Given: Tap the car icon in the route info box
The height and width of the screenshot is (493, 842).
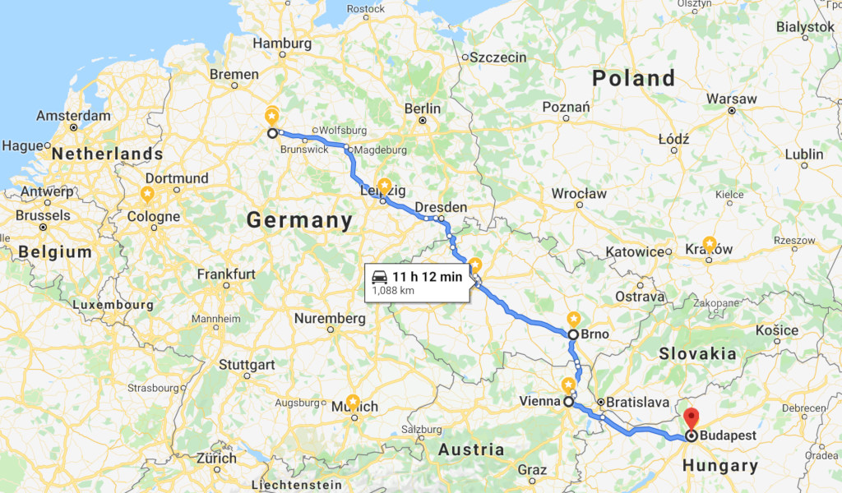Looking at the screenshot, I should point(379,276).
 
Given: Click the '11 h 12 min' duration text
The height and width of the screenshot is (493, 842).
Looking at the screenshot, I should point(428,276).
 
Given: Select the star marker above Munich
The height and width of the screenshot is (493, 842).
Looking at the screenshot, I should point(353,402).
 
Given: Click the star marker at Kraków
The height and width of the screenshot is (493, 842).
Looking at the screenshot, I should point(710,245).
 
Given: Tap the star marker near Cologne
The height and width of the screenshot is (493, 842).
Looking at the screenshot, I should point(147,195).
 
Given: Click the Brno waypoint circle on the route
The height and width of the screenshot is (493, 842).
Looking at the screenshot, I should point(573,334).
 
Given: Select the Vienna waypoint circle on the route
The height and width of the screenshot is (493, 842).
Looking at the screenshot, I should point(568,402).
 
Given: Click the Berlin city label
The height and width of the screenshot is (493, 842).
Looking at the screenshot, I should point(423,108).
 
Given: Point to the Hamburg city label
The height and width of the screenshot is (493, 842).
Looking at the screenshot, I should point(282,43).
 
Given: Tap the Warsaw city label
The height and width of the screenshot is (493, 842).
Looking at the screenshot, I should point(731,99).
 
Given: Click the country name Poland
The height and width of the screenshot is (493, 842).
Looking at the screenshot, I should point(633,78).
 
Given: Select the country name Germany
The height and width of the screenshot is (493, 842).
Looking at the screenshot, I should point(299,220).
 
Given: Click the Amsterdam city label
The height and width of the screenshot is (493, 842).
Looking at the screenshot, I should point(73,116).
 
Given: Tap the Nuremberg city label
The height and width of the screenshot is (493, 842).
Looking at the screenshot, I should point(330,318).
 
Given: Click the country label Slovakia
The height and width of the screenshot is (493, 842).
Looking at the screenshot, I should point(696,353).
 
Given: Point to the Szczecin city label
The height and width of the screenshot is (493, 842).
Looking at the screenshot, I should point(497,58).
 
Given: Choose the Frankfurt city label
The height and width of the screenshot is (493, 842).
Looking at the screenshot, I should point(226,274).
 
